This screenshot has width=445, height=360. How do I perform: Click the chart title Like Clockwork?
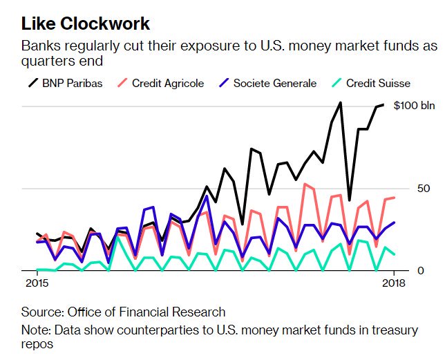point(86,24)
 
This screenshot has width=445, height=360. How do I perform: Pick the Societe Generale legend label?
point(274,84)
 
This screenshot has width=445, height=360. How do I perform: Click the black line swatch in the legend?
point(32,84)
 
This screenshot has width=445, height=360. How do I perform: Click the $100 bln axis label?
point(415,106)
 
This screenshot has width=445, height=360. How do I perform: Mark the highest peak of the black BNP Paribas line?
point(341,102)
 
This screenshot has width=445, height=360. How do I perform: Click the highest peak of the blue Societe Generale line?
point(207,196)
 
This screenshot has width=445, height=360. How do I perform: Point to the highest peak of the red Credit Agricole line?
point(305,184)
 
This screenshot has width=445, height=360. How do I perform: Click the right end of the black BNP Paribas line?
point(384,104)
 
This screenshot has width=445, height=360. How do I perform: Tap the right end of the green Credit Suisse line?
point(394,254)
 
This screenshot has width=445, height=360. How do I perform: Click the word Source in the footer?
point(39,312)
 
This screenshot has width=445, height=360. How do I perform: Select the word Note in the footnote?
point(34,331)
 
